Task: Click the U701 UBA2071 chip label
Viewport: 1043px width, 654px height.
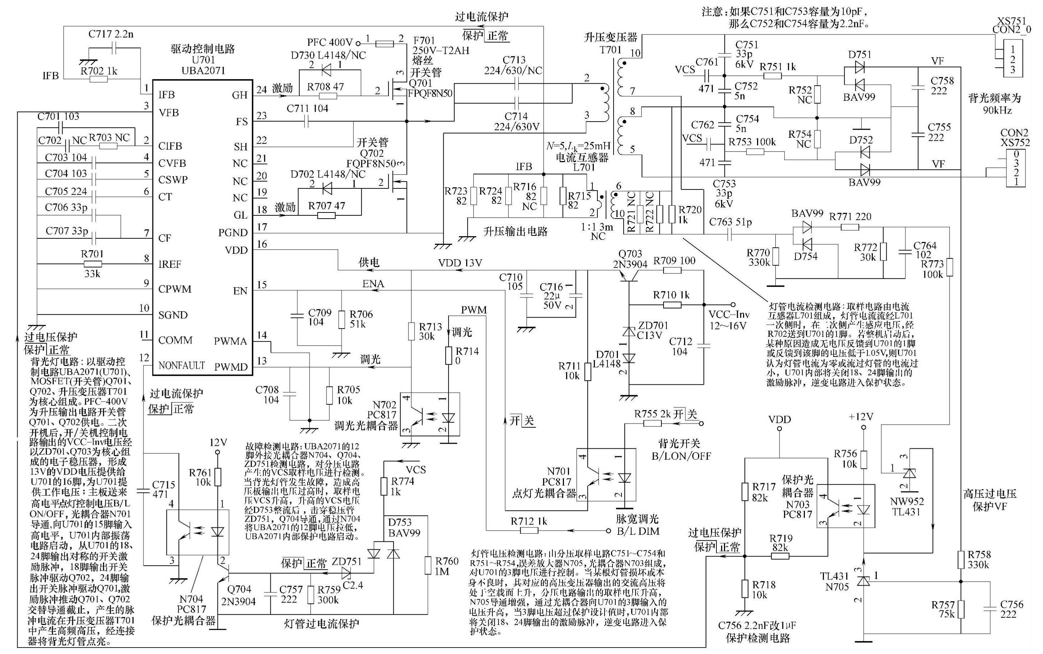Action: pos(203,65)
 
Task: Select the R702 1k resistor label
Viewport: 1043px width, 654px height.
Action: pos(99,70)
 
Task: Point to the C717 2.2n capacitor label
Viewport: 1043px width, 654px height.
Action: pos(111,34)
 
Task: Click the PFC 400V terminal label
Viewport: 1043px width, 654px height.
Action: pos(330,42)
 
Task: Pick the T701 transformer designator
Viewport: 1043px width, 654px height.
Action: pos(610,49)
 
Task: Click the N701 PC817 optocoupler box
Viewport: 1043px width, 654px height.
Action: pos(606,475)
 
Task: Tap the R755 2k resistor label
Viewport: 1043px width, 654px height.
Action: pos(652,413)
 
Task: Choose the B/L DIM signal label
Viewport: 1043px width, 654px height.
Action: pos(638,531)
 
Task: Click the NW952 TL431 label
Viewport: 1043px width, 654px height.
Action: pos(906,507)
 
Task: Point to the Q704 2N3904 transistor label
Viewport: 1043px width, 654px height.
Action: pos(238,595)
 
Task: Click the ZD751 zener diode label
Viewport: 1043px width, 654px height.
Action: pos(346,561)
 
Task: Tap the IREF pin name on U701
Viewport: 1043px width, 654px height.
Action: pos(170,264)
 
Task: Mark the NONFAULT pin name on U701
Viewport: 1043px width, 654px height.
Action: pos(181,366)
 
